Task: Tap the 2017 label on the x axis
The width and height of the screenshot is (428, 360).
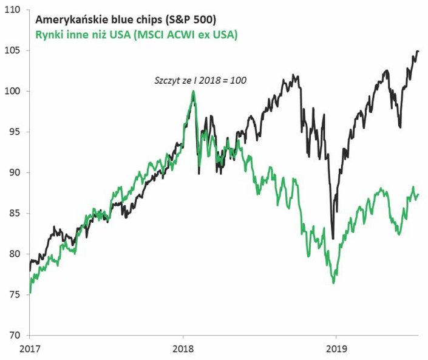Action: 30,350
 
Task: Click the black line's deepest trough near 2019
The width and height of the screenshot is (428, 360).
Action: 333,239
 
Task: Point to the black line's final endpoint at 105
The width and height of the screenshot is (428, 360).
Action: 418,52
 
